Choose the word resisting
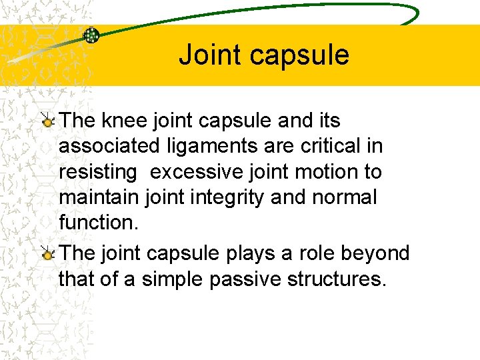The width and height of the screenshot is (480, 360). point(97,172)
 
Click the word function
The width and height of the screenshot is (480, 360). point(97,223)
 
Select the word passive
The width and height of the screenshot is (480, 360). point(245,279)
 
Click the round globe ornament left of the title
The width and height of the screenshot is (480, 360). point(91,35)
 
